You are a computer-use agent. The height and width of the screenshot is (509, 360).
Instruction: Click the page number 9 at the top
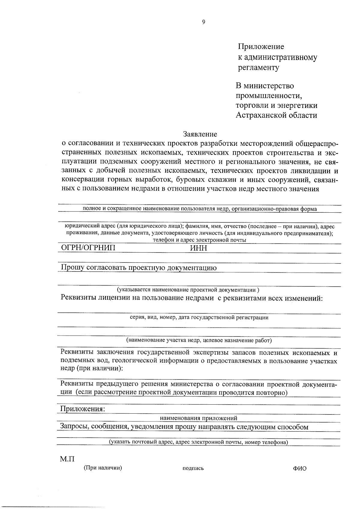tap(203, 22)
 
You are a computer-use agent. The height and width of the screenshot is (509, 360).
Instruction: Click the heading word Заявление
tap(200, 134)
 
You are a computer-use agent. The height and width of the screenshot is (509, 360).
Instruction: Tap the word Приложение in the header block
tap(261, 47)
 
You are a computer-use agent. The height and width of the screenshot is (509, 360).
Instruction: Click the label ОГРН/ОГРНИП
tap(88, 248)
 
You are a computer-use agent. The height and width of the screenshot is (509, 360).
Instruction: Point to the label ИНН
tap(199, 248)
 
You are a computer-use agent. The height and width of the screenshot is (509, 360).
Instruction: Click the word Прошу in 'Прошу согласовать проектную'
tap(72, 268)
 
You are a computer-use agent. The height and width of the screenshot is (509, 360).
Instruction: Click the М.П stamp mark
tap(67, 459)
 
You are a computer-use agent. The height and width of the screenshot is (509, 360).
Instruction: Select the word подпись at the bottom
tap(193, 468)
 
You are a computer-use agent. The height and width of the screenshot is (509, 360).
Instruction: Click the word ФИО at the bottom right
tap(300, 469)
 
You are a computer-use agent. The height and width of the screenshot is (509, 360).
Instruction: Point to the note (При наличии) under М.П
tap(103, 468)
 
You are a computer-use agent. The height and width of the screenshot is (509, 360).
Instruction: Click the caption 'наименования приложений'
tap(199, 418)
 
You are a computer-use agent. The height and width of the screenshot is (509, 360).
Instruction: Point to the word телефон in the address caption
tap(162, 240)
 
